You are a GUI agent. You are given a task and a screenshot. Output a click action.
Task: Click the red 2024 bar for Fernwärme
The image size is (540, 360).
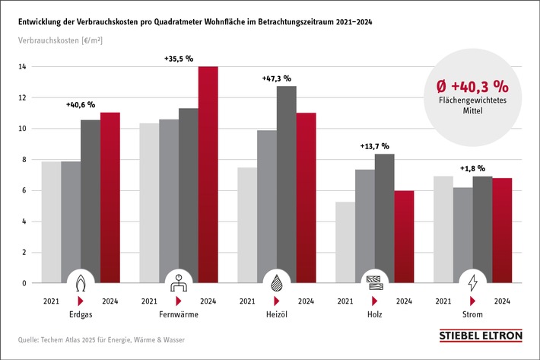208,175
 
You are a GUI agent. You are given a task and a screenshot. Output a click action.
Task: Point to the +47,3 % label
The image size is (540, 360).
276,78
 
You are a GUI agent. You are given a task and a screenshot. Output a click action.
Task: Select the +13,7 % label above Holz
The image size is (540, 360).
374,146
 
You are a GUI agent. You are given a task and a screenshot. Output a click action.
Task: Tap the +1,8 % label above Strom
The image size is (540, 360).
472,168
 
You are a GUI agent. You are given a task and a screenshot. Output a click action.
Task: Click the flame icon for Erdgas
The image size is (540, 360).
81,282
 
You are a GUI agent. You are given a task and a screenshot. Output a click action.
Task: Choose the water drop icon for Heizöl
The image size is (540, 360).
276,282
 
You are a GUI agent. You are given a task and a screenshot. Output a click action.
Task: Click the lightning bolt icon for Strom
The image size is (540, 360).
472,282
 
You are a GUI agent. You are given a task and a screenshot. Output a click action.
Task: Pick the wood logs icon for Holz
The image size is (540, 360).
374,282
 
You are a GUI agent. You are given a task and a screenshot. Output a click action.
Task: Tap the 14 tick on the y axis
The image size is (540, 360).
24,67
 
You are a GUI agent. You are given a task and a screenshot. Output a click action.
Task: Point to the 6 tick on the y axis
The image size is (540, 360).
24,190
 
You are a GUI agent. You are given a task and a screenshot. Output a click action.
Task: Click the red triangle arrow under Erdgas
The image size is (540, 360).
81,301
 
